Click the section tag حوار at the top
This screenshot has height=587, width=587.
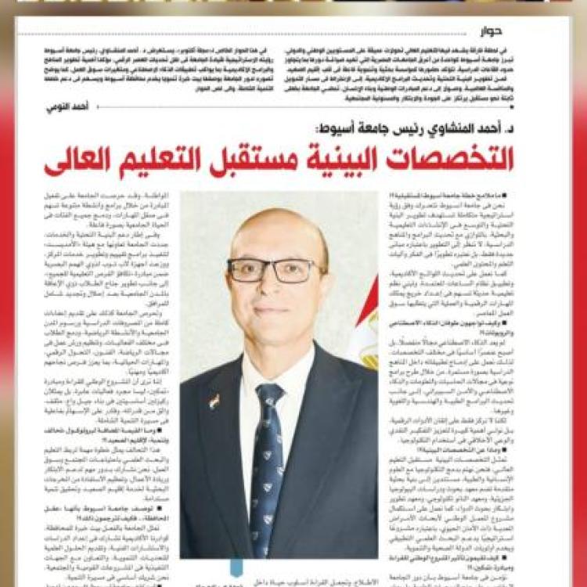tap(493, 32)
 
